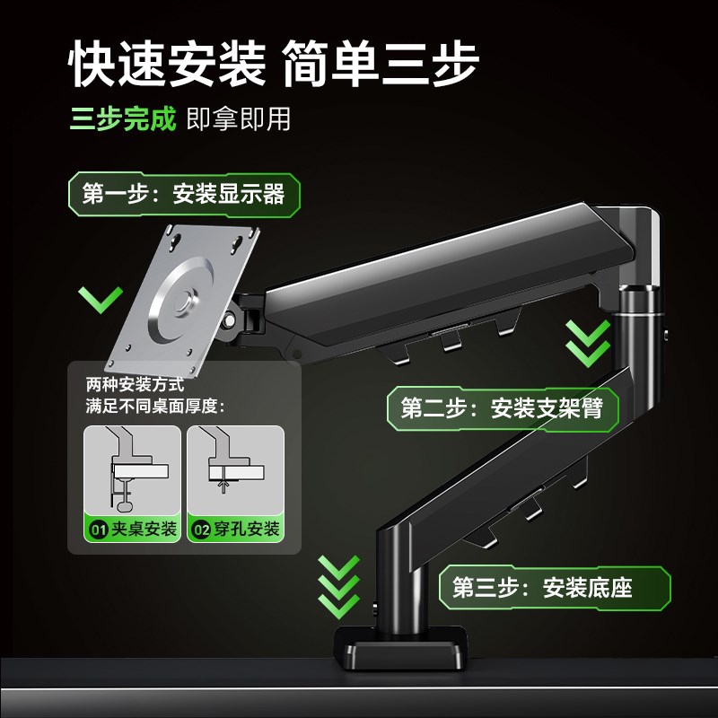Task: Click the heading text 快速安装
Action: [168, 61]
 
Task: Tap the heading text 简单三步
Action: [379, 61]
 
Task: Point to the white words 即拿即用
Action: [239, 119]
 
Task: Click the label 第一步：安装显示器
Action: [183, 194]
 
